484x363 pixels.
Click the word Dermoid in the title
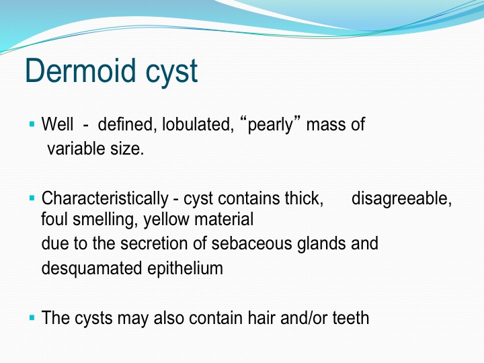(80, 71)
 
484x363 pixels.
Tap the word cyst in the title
(171, 73)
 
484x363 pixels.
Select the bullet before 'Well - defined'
(32, 124)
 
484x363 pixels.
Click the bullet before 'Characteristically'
(32, 198)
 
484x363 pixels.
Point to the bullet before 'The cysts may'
(32, 317)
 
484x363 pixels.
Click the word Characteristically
(105, 199)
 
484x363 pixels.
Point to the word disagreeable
(401, 199)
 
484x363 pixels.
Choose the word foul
(54, 219)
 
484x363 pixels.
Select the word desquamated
(91, 268)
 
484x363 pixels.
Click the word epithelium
(186, 268)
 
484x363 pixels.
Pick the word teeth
(351, 318)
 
